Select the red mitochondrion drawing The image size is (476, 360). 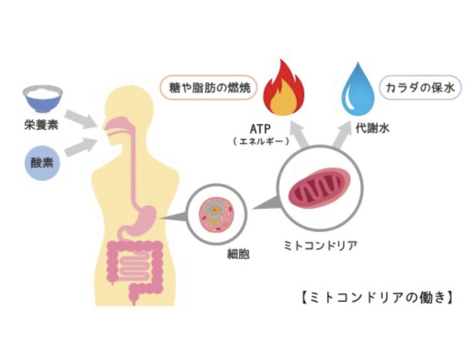[320, 188]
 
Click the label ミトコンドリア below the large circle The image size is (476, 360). [320, 245]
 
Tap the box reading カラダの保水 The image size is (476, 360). [421, 87]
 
